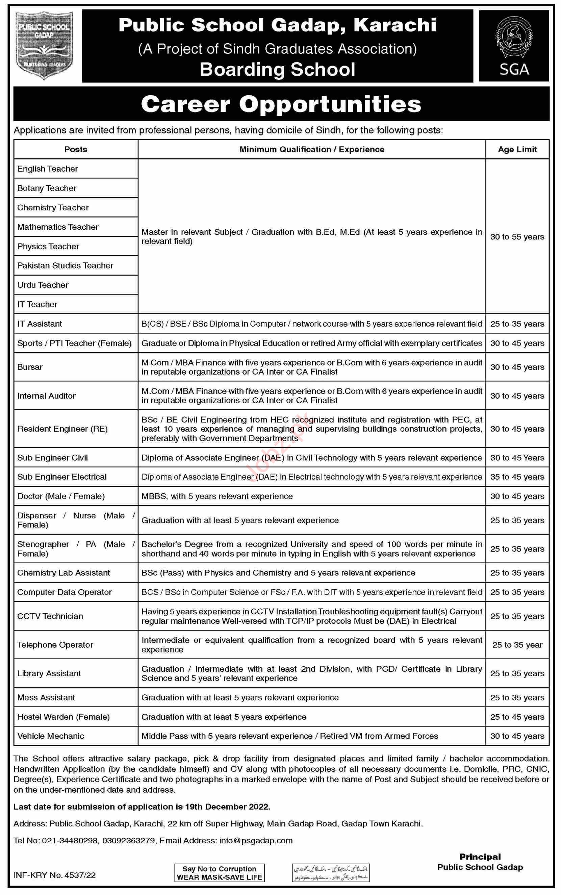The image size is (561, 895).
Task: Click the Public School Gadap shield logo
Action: (44, 45)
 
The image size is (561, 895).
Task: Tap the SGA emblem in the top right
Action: (514, 45)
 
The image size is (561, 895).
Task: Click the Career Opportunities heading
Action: (281, 104)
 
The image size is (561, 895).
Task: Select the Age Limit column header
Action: (517, 150)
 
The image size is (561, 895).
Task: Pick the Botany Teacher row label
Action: (47, 188)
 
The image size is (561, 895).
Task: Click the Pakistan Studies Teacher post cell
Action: (65, 265)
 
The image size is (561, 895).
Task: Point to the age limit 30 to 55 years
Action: (517, 237)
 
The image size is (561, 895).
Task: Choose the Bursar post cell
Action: (30, 367)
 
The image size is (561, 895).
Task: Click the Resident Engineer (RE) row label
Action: (62, 429)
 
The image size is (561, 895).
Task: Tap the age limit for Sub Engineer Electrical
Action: (517, 477)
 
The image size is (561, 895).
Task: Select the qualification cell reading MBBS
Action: (217, 496)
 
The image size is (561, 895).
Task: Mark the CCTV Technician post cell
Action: (50, 616)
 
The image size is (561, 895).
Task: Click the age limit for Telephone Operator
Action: (517, 645)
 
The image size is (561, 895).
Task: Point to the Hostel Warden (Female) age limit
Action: (517, 717)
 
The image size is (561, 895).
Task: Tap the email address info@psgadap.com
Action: (256, 841)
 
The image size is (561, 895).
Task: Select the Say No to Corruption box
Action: (219, 873)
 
